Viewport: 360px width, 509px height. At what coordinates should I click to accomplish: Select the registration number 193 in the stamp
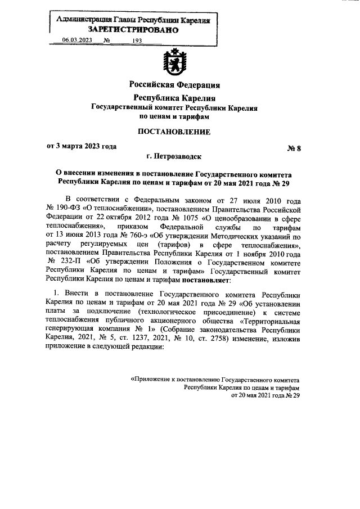coord(137,41)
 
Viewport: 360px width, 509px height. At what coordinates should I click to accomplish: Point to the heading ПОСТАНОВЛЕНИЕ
coord(174,132)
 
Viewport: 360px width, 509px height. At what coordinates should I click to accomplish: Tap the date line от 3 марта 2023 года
coord(82,147)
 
